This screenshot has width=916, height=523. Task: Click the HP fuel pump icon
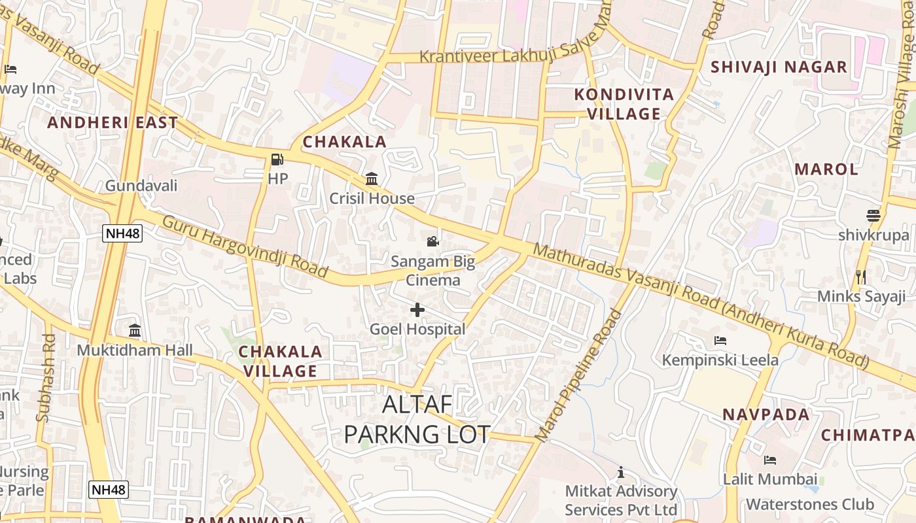277,160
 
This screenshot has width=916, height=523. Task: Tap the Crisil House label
372,198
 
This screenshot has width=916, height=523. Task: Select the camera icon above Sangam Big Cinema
432,242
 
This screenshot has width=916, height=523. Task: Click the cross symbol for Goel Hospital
417,310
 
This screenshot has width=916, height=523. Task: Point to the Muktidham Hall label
135,350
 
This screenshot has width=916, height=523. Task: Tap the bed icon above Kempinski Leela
720,341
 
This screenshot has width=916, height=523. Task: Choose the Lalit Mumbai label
770,479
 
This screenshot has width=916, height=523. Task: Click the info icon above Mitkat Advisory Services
621,472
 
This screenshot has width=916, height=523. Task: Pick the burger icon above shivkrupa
873,216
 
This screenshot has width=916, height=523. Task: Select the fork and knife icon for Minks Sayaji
861,277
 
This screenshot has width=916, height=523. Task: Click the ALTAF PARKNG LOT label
417,419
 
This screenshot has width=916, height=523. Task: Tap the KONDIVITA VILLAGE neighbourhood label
624,104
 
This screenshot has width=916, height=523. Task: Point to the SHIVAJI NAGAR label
779,67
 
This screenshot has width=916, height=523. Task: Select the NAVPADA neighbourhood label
766,414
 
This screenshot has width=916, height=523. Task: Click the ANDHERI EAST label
113,122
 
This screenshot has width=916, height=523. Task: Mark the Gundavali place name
141,186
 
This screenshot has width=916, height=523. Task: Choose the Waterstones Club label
810,504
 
